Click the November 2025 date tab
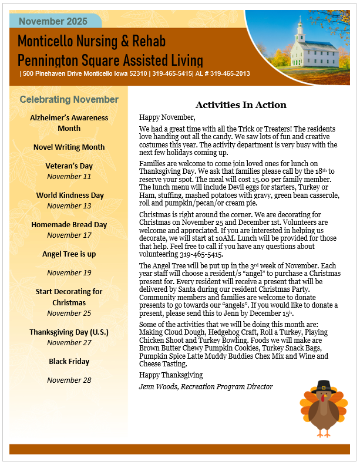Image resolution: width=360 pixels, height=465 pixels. click(53, 22)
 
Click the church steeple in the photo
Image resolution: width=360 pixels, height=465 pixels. click(301, 26)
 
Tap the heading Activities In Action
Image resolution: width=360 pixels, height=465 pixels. click(241, 105)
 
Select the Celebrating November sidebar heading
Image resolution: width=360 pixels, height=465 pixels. click(69, 100)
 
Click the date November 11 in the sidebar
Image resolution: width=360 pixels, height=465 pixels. click(69, 176)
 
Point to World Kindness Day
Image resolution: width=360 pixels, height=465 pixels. click(69, 195)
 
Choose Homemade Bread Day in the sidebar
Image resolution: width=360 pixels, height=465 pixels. click(69, 224)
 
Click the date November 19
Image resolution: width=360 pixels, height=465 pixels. click(69, 272)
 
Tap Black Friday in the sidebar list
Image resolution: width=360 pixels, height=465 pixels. click(69, 361)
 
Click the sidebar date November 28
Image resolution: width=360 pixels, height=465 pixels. click(69, 380)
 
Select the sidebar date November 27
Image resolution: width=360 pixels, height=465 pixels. click(69, 342)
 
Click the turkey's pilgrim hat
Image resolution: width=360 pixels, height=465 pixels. click(323, 387)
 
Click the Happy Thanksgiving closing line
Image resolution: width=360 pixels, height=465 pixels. click(171, 375)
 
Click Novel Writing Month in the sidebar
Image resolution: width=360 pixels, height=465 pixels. click(69, 147)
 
